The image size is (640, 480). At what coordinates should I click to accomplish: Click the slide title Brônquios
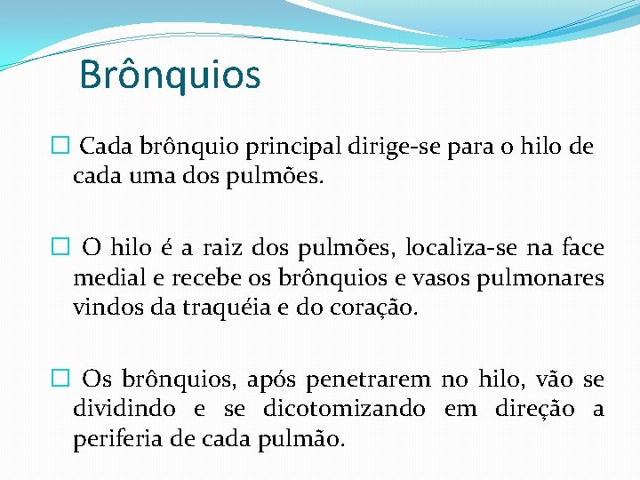(170, 75)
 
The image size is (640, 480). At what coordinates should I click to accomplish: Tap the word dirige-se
(395, 147)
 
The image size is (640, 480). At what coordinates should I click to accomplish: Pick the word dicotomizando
(344, 410)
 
